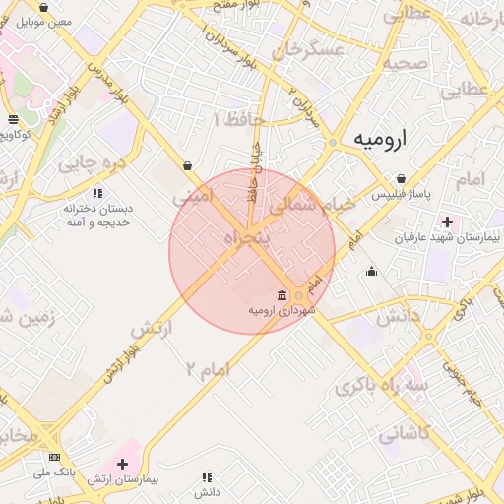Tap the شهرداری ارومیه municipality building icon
[x=283, y=295]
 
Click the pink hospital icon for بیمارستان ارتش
[x=122, y=463]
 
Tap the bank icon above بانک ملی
[x=54, y=458]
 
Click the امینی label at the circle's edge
[x=192, y=197]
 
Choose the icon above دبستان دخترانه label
[x=96, y=193]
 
